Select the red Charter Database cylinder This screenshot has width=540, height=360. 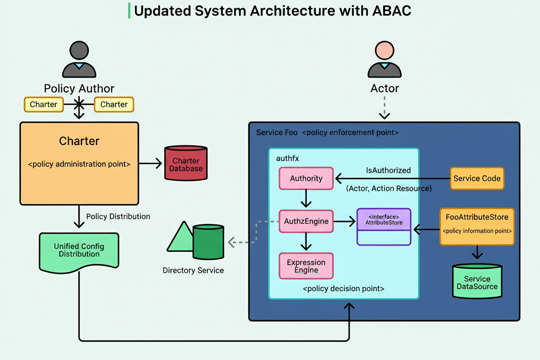[x=186, y=163]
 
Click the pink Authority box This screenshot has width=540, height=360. [x=306, y=178]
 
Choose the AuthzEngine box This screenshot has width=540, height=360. [x=306, y=222]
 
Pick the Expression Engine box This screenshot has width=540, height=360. [x=306, y=266]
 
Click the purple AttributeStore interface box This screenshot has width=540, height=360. [x=383, y=227]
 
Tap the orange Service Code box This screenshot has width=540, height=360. [x=477, y=178]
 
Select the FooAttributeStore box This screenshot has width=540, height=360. [x=477, y=226]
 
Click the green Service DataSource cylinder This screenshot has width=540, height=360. [x=477, y=281]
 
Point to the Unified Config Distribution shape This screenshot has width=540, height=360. [x=79, y=251]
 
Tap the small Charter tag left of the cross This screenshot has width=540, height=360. [x=43, y=104]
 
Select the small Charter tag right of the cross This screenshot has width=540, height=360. [x=114, y=104]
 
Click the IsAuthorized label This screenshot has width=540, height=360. [x=388, y=170]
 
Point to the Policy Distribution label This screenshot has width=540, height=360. [x=118, y=216]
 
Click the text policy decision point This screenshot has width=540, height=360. [x=344, y=288]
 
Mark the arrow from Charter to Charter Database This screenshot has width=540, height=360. [x=150, y=164]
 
